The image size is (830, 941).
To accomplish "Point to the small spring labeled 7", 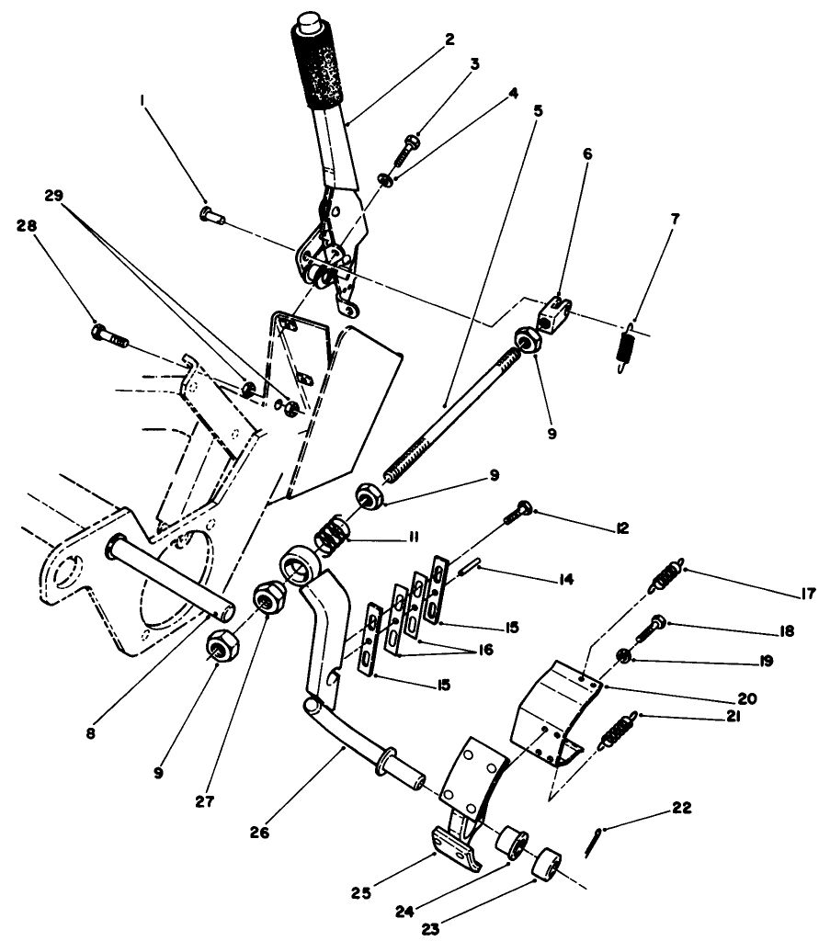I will pos(627,345).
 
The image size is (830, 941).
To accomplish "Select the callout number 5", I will pos(538,108).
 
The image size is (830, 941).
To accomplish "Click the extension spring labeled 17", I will pos(666,575).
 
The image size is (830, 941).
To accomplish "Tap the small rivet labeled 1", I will pos(206,214).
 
